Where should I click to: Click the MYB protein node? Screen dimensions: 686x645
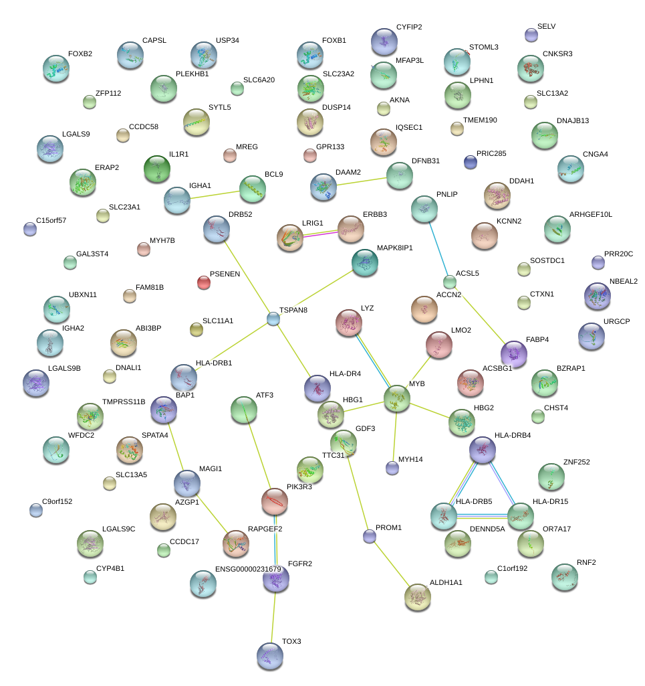pyautogui.click(x=396, y=399)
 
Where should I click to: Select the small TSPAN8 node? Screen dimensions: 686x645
pyautogui.click(x=273, y=319)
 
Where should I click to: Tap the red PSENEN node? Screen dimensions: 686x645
pyautogui.click(x=204, y=282)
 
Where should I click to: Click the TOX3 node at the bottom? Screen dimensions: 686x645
pyautogui.click(x=270, y=656)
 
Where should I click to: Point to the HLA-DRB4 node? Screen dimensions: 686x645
pyautogui.click(x=482, y=450)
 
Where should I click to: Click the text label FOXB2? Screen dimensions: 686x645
pyautogui.click(x=80, y=54)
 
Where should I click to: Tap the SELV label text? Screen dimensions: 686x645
pyautogui.click(x=546, y=27)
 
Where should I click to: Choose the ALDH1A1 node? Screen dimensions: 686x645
pyautogui.click(x=418, y=597)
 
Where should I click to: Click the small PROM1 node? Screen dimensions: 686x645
pyautogui.click(x=370, y=535)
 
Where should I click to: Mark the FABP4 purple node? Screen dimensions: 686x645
pyautogui.click(x=513, y=353)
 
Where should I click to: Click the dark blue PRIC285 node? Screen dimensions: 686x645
pyautogui.click(x=471, y=161)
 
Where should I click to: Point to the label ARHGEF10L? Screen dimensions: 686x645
pyautogui.click(x=590, y=214)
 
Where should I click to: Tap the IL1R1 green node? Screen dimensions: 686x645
pyautogui.click(x=157, y=169)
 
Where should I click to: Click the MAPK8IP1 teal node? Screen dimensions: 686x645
pyautogui.click(x=364, y=262)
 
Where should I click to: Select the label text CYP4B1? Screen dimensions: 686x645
pyautogui.click(x=110, y=568)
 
